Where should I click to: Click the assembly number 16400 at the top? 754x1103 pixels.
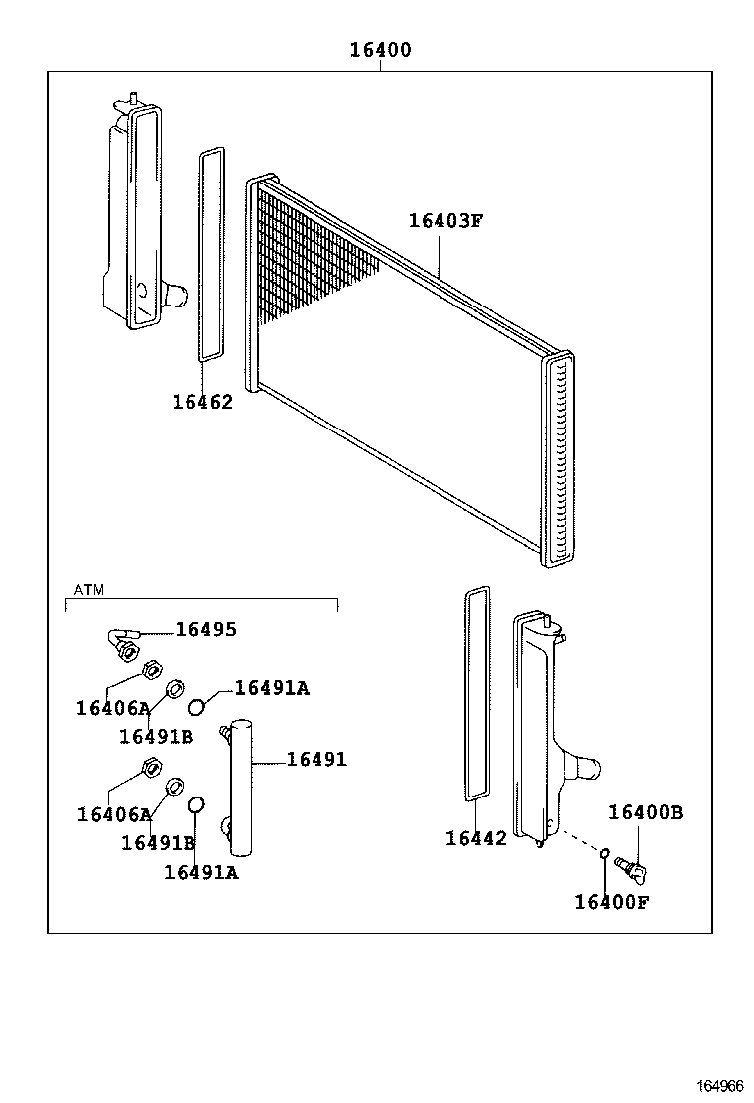pyautogui.click(x=380, y=50)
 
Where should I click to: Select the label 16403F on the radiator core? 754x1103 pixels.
pyautogui.click(x=445, y=220)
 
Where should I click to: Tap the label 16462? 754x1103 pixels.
pyautogui.click(x=202, y=402)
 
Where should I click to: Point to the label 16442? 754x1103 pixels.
pyautogui.click(x=476, y=838)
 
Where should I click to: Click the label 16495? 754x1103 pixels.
pyautogui.click(x=206, y=629)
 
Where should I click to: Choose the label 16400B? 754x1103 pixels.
pyautogui.click(x=645, y=812)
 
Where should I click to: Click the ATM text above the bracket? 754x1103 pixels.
pyautogui.click(x=89, y=590)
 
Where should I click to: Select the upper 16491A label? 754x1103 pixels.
pyautogui.click(x=272, y=688)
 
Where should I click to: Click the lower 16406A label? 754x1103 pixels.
pyautogui.click(x=113, y=814)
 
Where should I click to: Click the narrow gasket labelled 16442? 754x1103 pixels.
pyautogui.click(x=477, y=692)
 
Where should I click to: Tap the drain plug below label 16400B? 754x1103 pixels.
pyautogui.click(x=630, y=867)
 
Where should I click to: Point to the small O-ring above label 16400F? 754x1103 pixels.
pyautogui.click(x=604, y=852)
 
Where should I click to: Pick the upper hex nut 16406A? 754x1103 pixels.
pyautogui.click(x=152, y=670)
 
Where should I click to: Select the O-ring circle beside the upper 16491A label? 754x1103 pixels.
pyautogui.click(x=197, y=706)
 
